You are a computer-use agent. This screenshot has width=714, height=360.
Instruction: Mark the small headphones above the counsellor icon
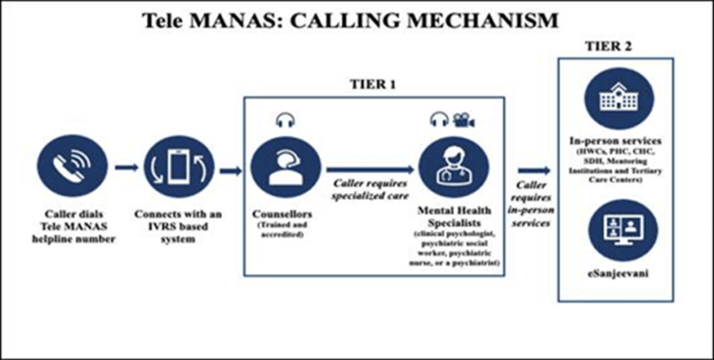tap(284, 120)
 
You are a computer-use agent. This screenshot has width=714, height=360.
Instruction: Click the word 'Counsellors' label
tap(284, 212)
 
